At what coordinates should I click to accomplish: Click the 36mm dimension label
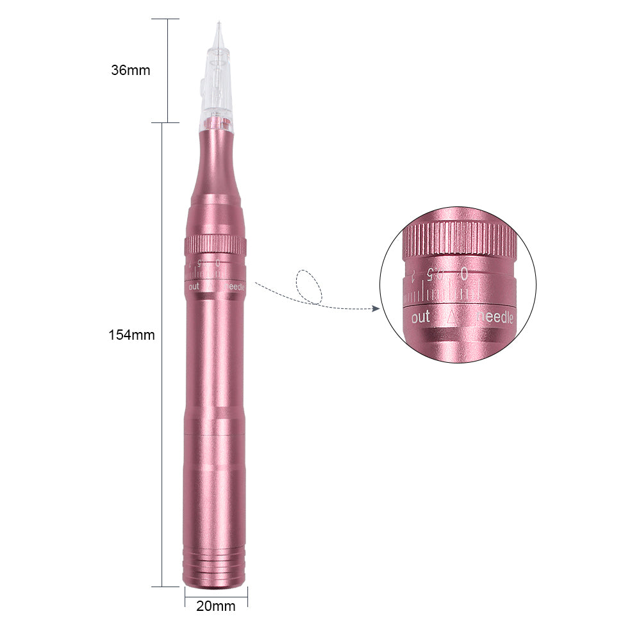130,71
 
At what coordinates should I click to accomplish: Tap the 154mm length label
131,335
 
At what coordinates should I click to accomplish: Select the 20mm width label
215,606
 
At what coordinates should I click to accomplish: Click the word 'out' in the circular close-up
420,317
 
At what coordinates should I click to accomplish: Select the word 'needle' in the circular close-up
495,317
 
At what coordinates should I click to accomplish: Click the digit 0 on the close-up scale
463,274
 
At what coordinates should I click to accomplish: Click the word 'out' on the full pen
194,287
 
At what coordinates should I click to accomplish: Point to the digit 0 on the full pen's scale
218,263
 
